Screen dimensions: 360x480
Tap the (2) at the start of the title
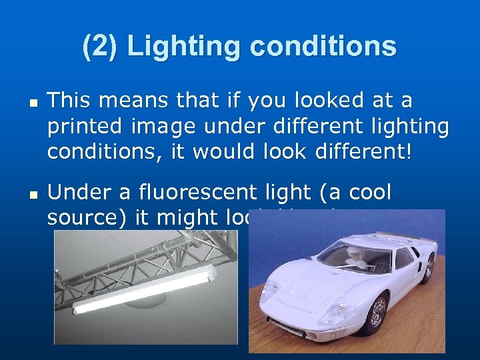[100, 47]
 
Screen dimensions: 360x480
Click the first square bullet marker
[31, 104]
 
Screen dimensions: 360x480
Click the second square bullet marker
[31, 196]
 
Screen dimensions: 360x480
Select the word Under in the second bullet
[73, 193]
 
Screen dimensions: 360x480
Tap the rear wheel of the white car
[427, 267]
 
